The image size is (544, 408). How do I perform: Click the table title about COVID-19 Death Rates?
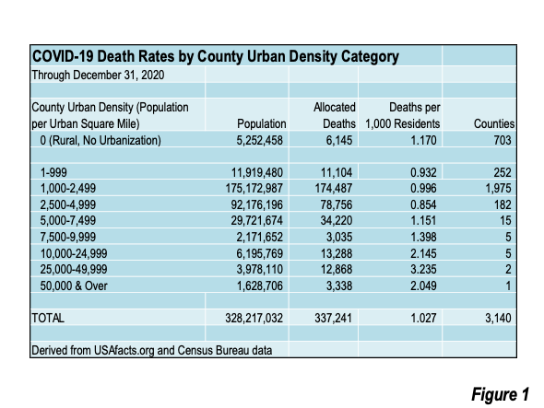tap(215, 56)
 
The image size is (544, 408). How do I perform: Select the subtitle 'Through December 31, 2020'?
tap(98, 75)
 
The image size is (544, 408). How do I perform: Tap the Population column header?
tap(261, 123)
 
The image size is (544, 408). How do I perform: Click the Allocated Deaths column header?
tap(335, 115)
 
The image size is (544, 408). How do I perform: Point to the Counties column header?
tap(494, 123)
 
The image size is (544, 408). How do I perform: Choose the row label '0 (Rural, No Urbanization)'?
tap(101, 140)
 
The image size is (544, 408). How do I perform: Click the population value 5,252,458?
tap(259, 140)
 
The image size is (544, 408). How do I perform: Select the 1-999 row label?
tap(53, 172)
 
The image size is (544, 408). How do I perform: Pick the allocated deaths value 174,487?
tap(334, 188)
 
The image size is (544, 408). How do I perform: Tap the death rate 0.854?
tap(423, 204)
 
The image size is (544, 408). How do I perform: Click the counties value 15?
tap(505, 220)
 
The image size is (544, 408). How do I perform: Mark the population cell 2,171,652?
tap(259, 237)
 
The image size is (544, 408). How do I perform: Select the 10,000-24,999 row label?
tap(74, 253)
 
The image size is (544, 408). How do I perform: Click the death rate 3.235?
tap(423, 269)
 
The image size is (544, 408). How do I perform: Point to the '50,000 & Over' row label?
tap(74, 286)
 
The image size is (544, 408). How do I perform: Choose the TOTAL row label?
tap(48, 318)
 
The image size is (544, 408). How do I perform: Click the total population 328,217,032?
tap(254, 318)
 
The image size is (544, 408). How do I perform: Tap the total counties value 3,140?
tap(498, 318)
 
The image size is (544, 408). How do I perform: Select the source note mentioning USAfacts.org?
tap(151, 351)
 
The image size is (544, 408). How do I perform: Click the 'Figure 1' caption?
tap(500, 394)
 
